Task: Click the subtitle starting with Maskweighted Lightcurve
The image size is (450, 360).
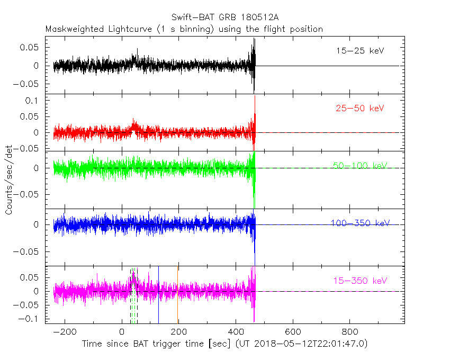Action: [x=184, y=29]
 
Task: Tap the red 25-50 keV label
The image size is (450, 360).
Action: [x=359, y=109]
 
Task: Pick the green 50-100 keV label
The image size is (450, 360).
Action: [x=360, y=166]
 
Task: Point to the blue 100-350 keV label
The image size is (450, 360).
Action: [x=360, y=223]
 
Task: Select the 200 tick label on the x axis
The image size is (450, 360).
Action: [x=178, y=332]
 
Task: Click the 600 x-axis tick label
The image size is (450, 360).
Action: [x=292, y=332]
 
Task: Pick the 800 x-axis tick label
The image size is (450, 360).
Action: [x=349, y=332]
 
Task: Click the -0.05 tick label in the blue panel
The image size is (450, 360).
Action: [x=29, y=251]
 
